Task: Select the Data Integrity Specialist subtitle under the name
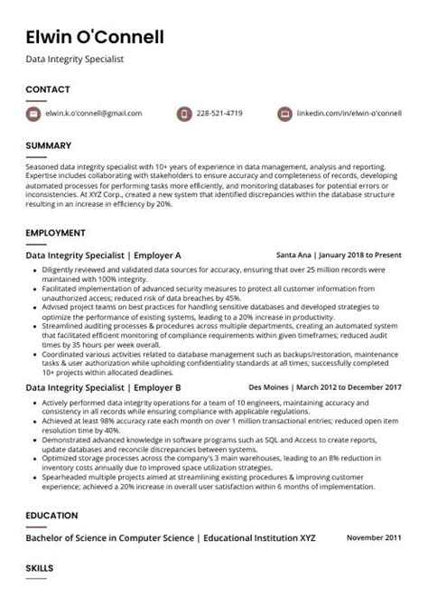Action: [74, 60]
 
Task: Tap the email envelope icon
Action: [34, 114]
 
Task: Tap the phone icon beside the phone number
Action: [184, 114]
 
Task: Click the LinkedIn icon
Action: [284, 114]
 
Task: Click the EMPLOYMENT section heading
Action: [54, 233]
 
